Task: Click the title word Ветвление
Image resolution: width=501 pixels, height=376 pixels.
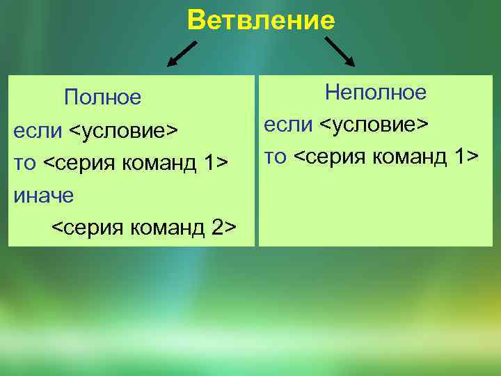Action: [x=261, y=21]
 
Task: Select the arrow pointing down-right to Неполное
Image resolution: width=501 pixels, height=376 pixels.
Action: [x=340, y=52]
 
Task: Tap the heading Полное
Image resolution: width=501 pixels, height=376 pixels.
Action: [x=102, y=97]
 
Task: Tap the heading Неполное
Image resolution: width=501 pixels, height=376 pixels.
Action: [x=376, y=92]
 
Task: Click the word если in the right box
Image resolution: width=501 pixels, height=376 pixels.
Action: [x=288, y=125]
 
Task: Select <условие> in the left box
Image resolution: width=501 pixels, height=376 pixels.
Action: [x=124, y=130]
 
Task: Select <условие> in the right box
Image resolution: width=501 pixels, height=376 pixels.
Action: [x=374, y=125]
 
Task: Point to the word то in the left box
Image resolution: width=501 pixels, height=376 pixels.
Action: [x=25, y=163]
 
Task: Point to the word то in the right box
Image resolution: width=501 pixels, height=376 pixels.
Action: [x=275, y=157]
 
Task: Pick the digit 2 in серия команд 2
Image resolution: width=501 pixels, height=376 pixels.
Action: [x=216, y=228]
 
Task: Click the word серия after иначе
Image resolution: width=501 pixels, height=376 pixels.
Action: [x=90, y=228]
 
